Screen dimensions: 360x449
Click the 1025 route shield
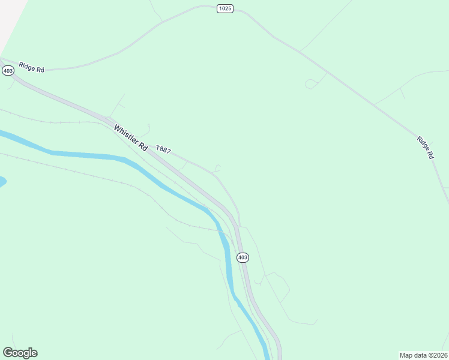[225, 9]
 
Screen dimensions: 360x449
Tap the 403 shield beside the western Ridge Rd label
[8, 71]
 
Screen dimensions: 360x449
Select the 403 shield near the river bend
[242, 257]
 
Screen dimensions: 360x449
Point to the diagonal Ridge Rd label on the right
[426, 147]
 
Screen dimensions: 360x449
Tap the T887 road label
[163, 149]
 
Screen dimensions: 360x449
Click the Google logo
[20, 353]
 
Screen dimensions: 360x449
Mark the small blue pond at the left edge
[2, 181]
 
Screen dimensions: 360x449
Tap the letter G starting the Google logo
[8, 353]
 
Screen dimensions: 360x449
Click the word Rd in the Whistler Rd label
[142, 146]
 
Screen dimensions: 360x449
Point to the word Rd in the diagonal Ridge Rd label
[430, 154]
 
